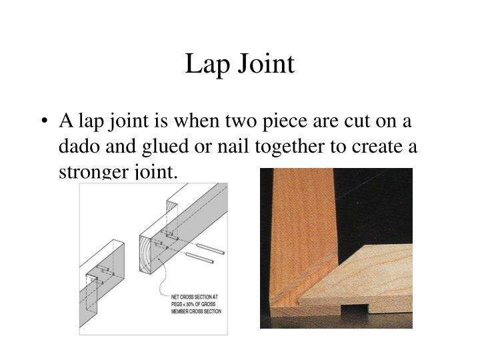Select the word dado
coord(79,147)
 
